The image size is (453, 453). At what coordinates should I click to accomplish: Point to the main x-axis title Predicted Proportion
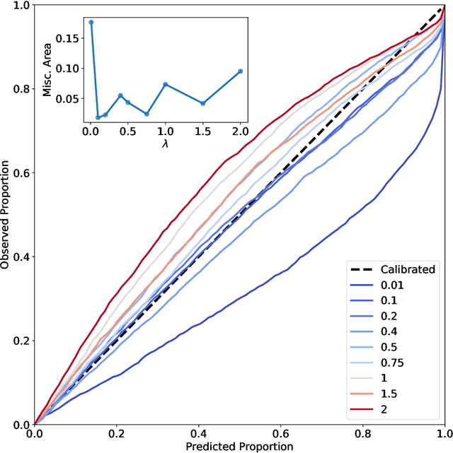[239, 446]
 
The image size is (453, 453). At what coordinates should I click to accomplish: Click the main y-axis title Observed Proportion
[7, 214]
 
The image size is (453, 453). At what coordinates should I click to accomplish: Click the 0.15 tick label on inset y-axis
[69, 38]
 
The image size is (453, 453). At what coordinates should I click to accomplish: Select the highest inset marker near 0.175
[91, 22]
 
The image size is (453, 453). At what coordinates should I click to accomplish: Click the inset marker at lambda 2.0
[241, 71]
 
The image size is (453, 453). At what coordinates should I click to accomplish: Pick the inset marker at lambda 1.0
[166, 84]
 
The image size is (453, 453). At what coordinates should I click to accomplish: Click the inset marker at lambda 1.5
[203, 103]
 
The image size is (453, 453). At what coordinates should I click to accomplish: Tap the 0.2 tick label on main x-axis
[117, 433]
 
